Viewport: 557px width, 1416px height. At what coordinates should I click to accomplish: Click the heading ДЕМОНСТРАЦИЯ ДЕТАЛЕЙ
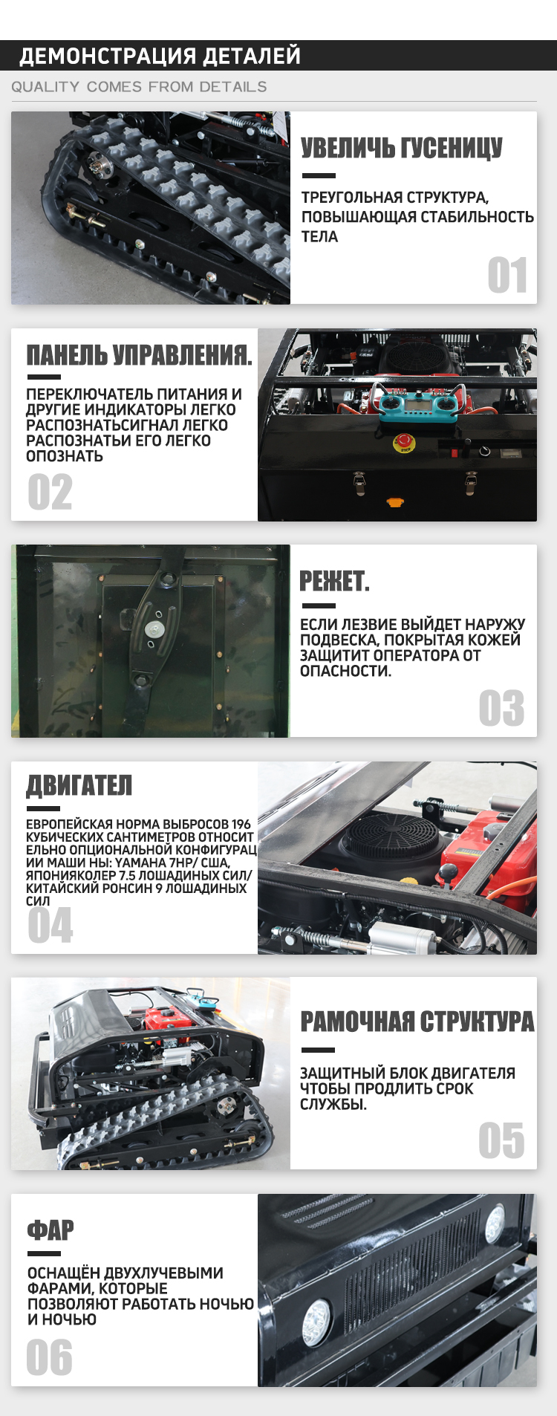point(160,56)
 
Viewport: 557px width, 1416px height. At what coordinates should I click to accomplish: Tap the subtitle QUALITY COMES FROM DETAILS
point(139,87)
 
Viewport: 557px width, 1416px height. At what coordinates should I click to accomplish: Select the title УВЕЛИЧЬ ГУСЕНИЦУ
point(402,148)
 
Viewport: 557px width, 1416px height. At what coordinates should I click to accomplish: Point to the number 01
point(507,276)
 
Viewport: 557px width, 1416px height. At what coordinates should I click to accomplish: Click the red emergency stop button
point(405,444)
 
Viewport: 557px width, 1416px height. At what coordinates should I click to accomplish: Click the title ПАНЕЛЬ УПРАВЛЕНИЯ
point(139,354)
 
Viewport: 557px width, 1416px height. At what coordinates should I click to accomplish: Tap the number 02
point(50,492)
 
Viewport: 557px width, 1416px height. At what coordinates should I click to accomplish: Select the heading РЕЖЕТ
point(334,581)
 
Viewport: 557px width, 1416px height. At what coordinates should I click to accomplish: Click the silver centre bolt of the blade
point(155,629)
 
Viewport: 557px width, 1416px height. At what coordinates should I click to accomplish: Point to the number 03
point(501,708)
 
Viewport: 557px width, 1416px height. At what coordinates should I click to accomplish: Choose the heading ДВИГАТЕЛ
point(79,785)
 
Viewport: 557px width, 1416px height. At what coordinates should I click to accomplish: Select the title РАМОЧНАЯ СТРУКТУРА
point(417,1022)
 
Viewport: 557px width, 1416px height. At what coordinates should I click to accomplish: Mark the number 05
point(501,1140)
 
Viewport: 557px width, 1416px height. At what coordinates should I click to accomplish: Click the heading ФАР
point(51,1230)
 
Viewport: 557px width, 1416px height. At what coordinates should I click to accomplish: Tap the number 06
point(49,1357)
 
